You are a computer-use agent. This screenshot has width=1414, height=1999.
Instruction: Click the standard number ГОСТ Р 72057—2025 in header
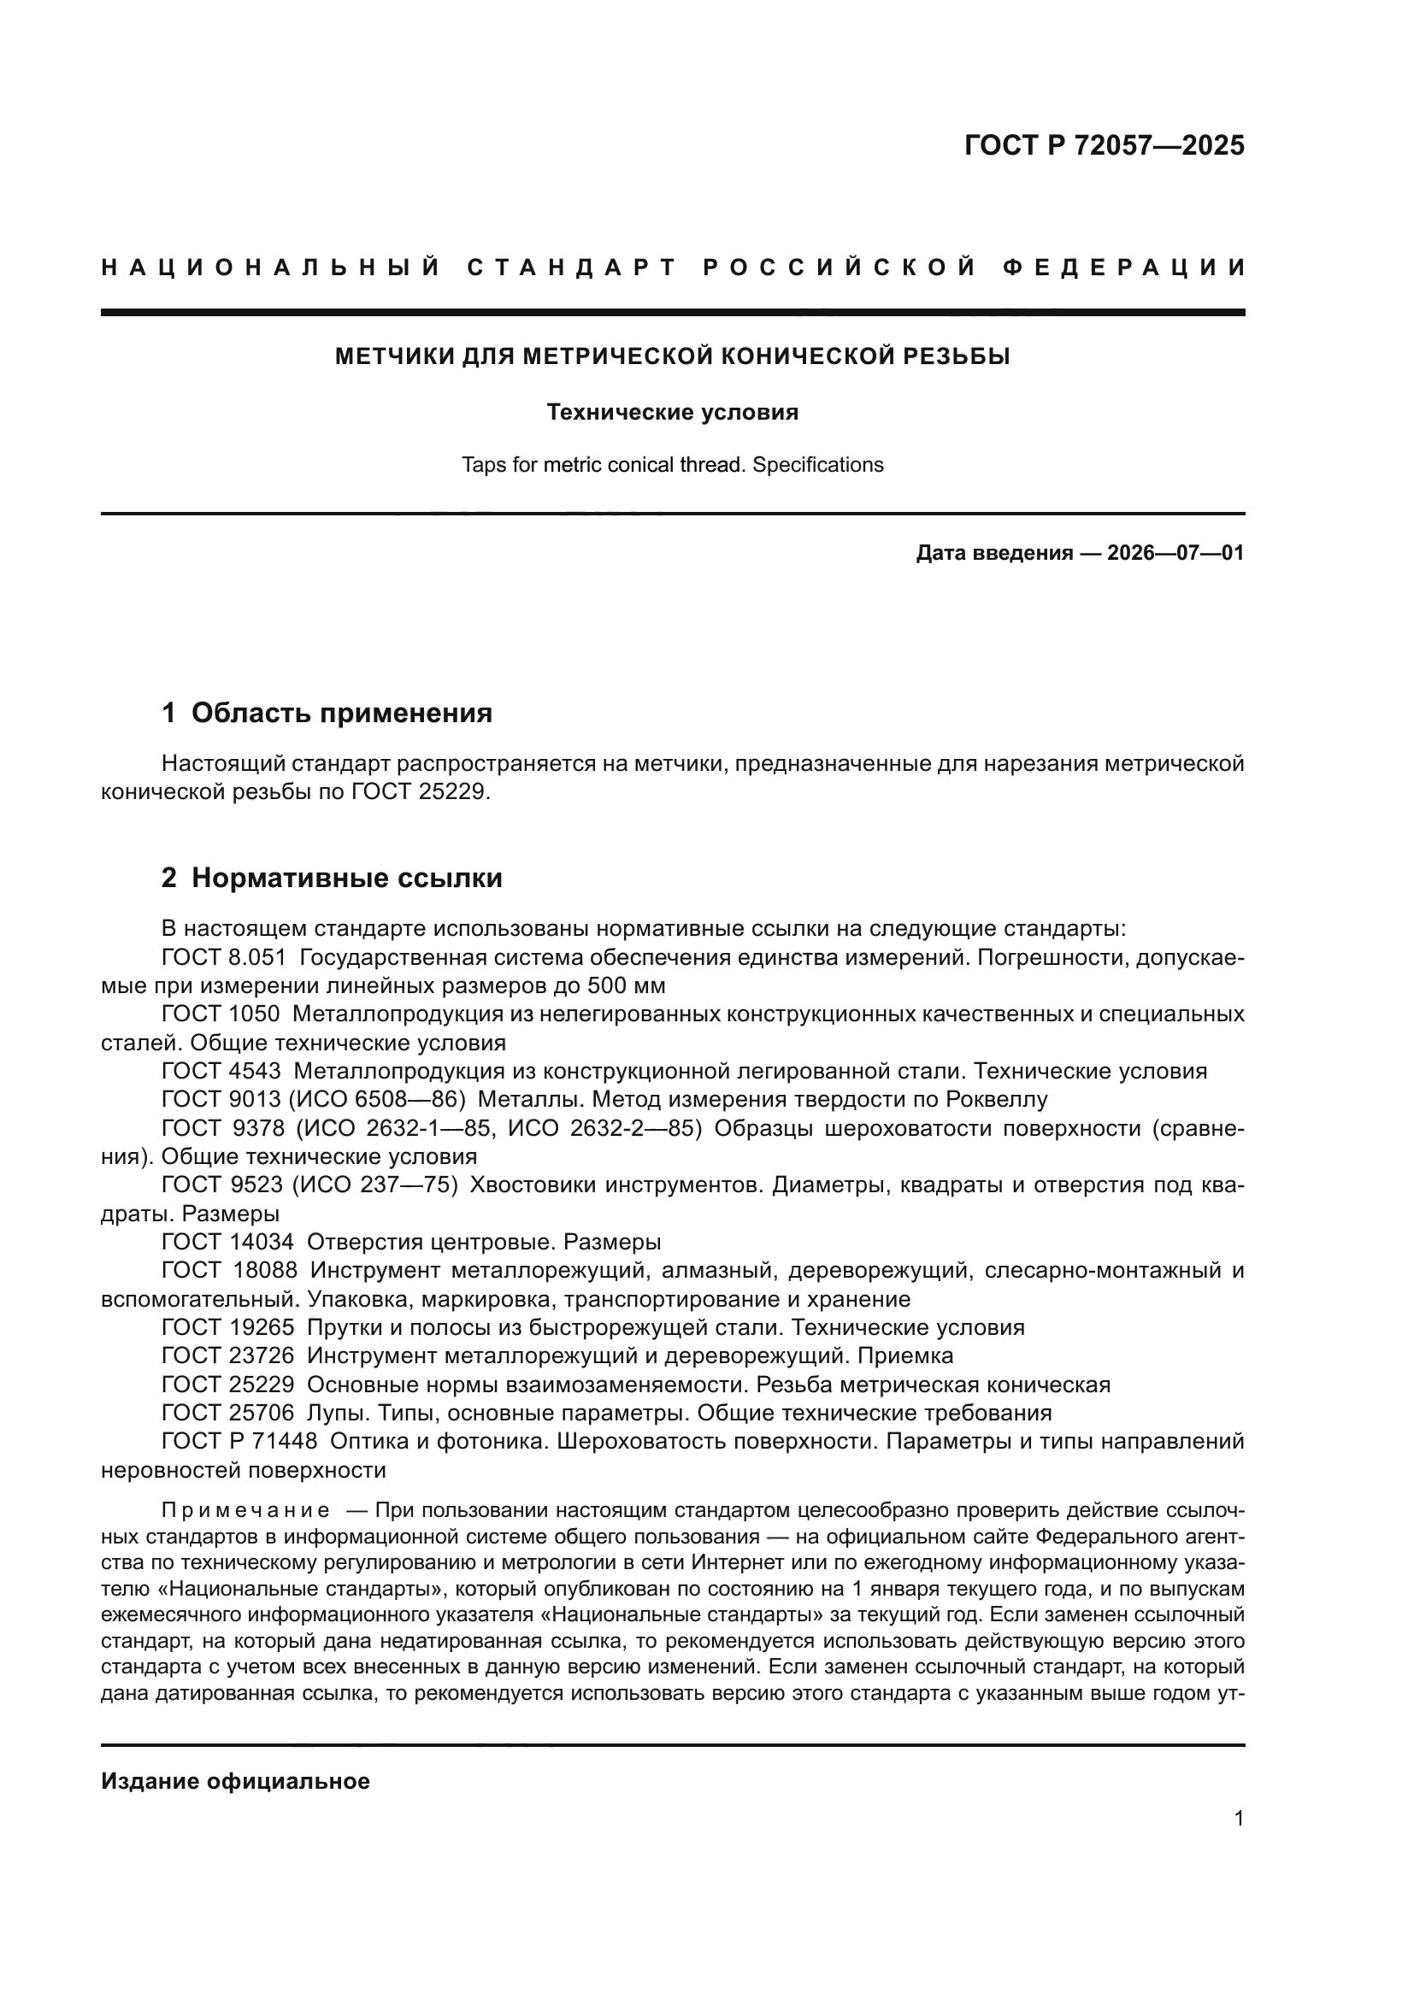point(1104,145)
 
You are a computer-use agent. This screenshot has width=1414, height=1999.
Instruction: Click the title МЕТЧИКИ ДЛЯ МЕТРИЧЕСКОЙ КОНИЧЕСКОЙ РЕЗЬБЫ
point(672,356)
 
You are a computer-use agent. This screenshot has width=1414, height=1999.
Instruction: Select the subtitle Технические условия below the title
point(672,412)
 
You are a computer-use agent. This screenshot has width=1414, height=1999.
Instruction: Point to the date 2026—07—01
point(1175,553)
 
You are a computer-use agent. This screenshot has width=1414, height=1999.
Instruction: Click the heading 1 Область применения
point(327,713)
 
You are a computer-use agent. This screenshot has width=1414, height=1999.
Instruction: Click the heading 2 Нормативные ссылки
point(332,878)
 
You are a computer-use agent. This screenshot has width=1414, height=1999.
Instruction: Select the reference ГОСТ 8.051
point(224,958)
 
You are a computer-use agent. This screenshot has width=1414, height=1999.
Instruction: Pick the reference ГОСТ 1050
point(221,1014)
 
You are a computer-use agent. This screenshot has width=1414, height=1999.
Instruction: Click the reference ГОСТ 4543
point(221,1071)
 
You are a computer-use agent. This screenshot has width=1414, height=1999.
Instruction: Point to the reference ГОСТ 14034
point(227,1242)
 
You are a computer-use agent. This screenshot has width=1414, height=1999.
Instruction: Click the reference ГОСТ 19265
point(227,1327)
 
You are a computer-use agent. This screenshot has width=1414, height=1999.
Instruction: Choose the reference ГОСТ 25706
point(227,1412)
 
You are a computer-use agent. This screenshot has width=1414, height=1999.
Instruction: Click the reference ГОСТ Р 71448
point(239,1441)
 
